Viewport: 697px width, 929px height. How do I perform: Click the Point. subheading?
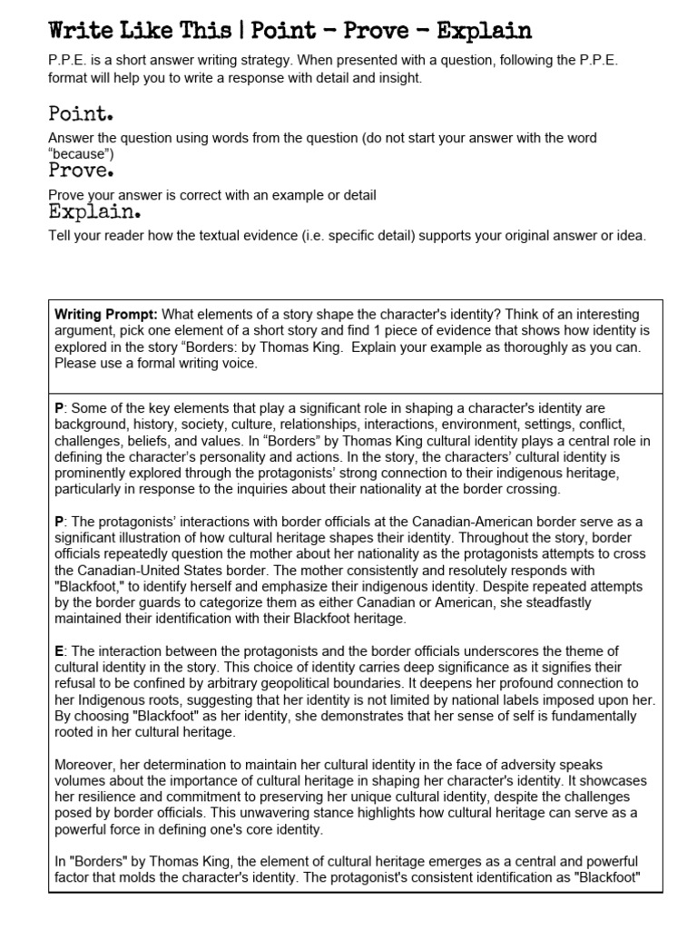80,115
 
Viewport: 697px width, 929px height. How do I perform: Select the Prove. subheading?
81,171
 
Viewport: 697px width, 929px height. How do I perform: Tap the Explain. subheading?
93,213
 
